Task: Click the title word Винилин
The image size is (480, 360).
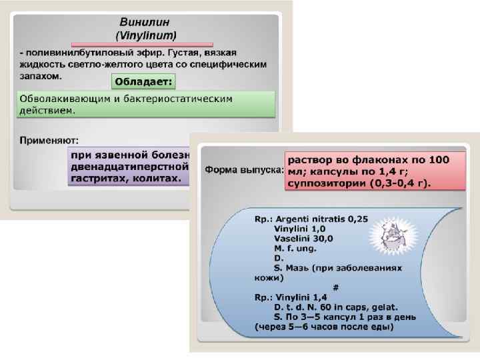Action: pos(145,22)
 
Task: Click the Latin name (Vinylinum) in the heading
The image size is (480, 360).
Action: pos(146,34)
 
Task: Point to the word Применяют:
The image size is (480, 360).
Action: pos(49,140)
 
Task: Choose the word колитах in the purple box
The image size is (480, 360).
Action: pos(158,179)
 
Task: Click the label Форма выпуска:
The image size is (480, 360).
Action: pos(244,169)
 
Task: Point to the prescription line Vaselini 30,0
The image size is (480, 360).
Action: pos(303,238)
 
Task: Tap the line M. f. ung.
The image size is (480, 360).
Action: pos(295,247)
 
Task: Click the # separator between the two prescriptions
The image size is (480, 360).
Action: pos(335,287)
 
